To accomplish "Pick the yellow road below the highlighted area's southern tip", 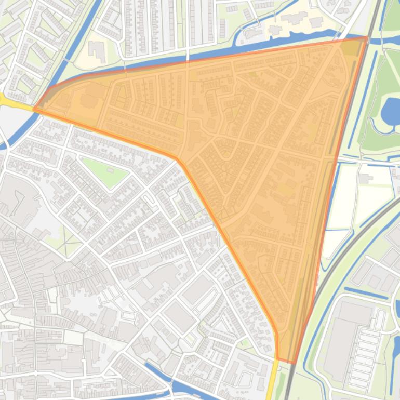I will pyautogui.click(x=272, y=379).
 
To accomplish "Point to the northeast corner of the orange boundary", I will pyautogui.click(x=367, y=37).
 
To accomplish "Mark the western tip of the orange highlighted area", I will pyautogui.click(x=35, y=109).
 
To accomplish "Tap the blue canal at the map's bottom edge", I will pyautogui.click(x=177, y=387).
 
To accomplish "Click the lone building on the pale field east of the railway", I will pyautogui.click(x=365, y=179).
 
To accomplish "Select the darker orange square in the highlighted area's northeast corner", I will pyautogui.click(x=352, y=48).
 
